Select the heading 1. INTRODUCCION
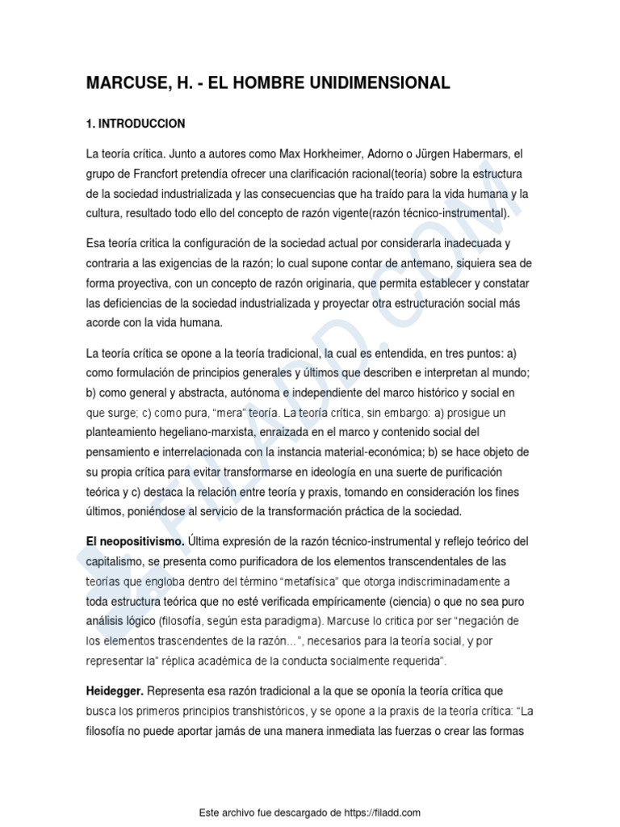point(135,124)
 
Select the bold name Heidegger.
point(115,691)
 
